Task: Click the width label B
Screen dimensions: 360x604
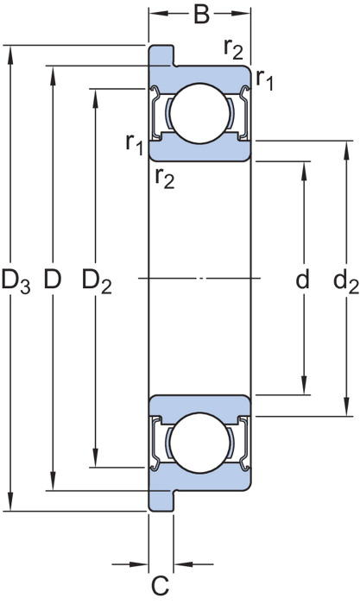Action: click(202, 15)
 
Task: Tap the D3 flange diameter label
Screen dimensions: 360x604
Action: click(16, 280)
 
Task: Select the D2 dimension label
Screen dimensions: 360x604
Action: click(97, 280)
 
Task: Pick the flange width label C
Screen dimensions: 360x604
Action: click(160, 586)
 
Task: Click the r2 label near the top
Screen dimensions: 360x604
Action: click(234, 49)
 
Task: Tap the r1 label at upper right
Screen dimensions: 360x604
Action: click(265, 80)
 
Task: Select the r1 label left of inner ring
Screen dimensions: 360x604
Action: click(135, 144)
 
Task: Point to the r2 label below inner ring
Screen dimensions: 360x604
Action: click(165, 179)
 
